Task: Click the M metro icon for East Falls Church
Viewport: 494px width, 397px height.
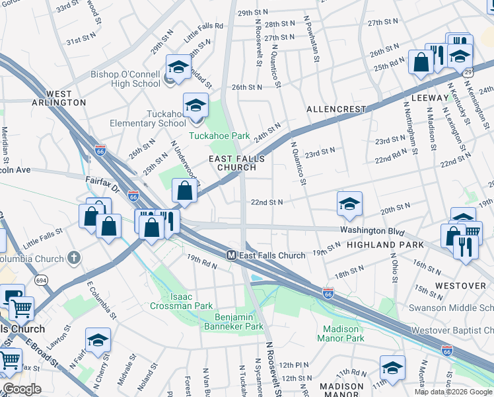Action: tap(231, 255)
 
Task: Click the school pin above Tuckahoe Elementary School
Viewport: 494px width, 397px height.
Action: tap(195, 106)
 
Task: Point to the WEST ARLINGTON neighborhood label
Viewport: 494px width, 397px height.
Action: tap(58, 99)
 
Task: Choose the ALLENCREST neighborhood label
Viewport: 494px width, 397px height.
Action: tap(336, 109)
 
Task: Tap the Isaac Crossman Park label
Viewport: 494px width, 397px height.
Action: tap(181, 301)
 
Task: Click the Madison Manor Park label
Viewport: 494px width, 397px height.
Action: tap(341, 333)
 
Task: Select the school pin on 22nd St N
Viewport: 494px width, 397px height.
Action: tap(349, 204)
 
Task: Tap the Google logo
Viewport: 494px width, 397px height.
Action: tap(22, 389)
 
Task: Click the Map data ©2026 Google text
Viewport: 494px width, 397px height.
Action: tap(454, 392)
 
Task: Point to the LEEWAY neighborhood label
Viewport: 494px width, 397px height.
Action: tap(429, 98)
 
